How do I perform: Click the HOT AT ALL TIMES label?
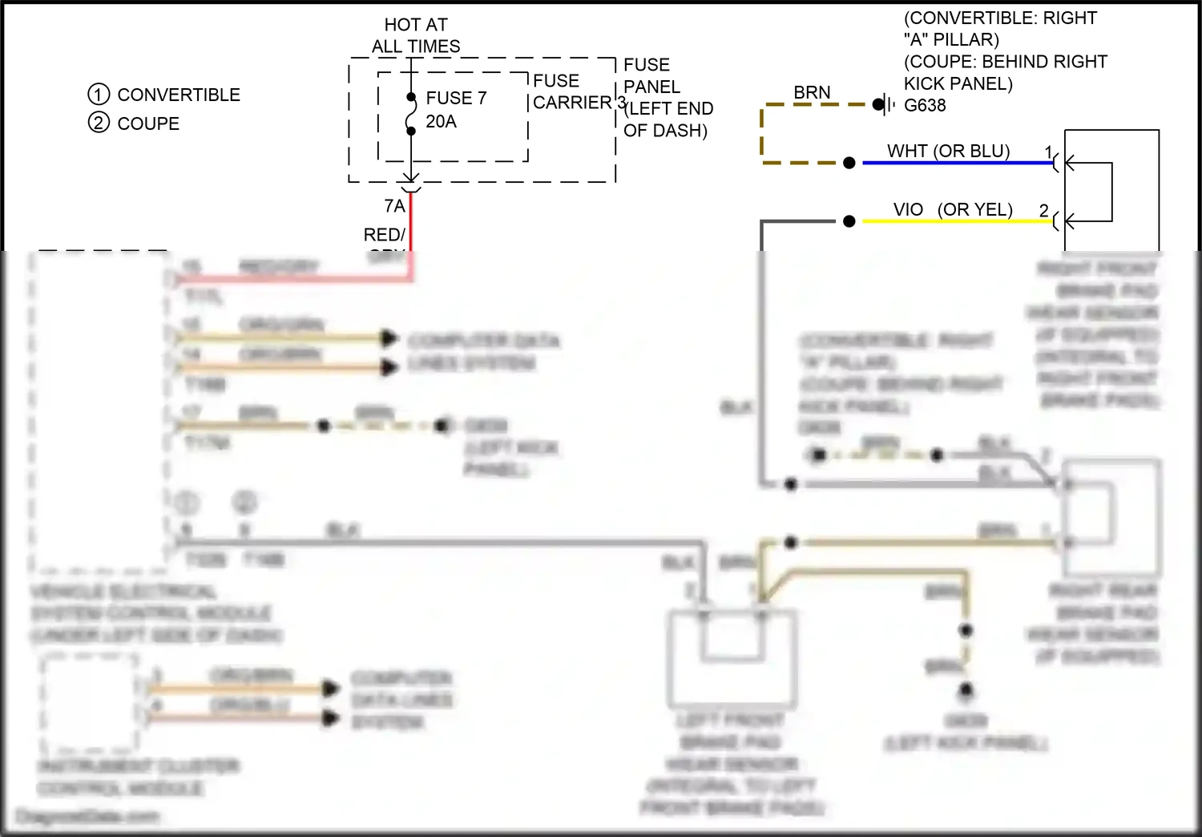click(416, 36)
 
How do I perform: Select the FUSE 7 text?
click(456, 98)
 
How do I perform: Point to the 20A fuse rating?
click(441, 121)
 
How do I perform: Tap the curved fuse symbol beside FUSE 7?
click(411, 114)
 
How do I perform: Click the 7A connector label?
click(394, 206)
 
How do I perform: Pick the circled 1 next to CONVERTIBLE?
click(98, 95)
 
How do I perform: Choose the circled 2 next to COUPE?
click(98, 123)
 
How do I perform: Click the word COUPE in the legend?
click(148, 123)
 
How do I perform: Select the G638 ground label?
click(925, 105)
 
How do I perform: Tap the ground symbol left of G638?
click(885, 104)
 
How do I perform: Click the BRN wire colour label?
click(812, 92)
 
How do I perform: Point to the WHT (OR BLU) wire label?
click(948, 151)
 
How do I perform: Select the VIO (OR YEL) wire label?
click(953, 209)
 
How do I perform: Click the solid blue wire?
click(954, 163)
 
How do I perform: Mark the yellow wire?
click(954, 221)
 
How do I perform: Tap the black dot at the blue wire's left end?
click(849, 163)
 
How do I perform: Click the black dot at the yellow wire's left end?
click(849, 221)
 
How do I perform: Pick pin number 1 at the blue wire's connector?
click(1048, 152)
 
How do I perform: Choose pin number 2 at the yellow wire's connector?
click(1043, 210)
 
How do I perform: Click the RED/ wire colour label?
click(384, 235)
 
